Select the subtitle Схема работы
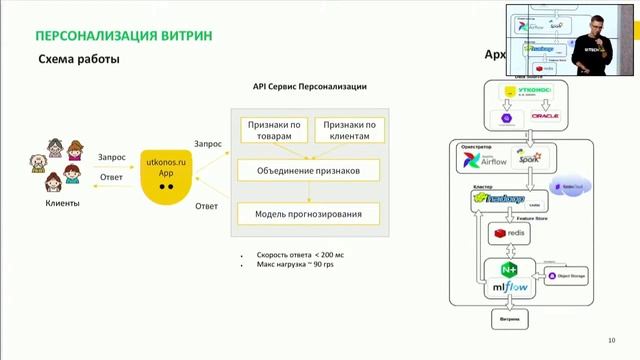point(79,60)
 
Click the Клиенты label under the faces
point(62,204)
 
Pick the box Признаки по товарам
point(272,130)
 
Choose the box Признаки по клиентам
point(346,130)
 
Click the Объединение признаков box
point(309,171)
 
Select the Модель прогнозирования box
point(309,214)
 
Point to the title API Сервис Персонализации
point(309,87)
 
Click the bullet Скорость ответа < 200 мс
point(300,255)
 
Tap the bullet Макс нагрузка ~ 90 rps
point(295,267)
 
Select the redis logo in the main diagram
point(509,233)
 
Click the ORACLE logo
point(546,116)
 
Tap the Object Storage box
point(565,274)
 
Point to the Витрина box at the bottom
point(509,320)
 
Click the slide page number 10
point(612,339)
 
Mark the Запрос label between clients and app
point(112,156)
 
